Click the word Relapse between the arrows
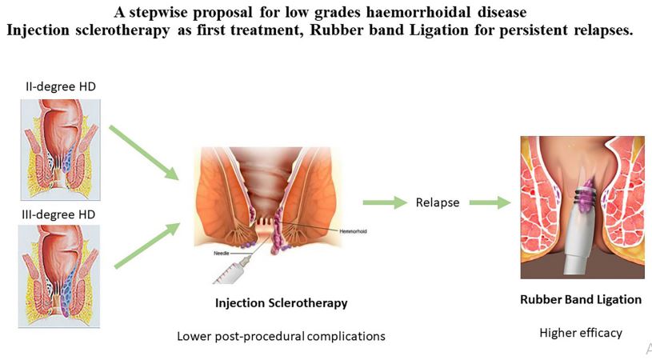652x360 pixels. click(x=437, y=202)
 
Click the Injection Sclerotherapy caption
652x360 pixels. click(x=281, y=304)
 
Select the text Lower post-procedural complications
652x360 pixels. click(x=281, y=336)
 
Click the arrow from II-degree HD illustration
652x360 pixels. click(x=145, y=152)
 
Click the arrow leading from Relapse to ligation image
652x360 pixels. click(x=489, y=203)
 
